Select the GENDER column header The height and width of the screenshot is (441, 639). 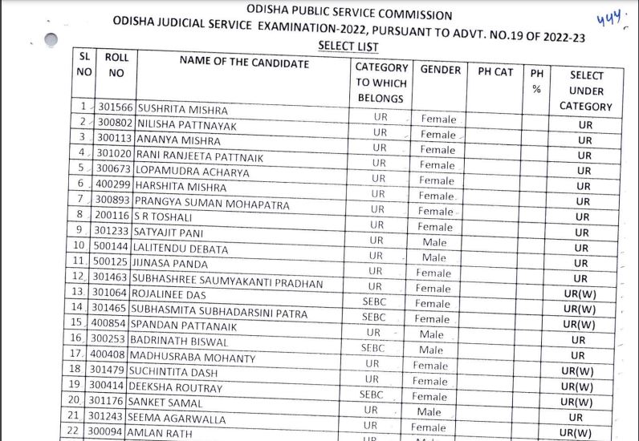(440, 70)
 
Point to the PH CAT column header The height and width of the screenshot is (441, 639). (495, 71)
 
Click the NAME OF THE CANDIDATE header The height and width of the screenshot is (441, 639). (243, 63)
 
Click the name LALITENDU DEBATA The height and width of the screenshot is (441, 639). (182, 249)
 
